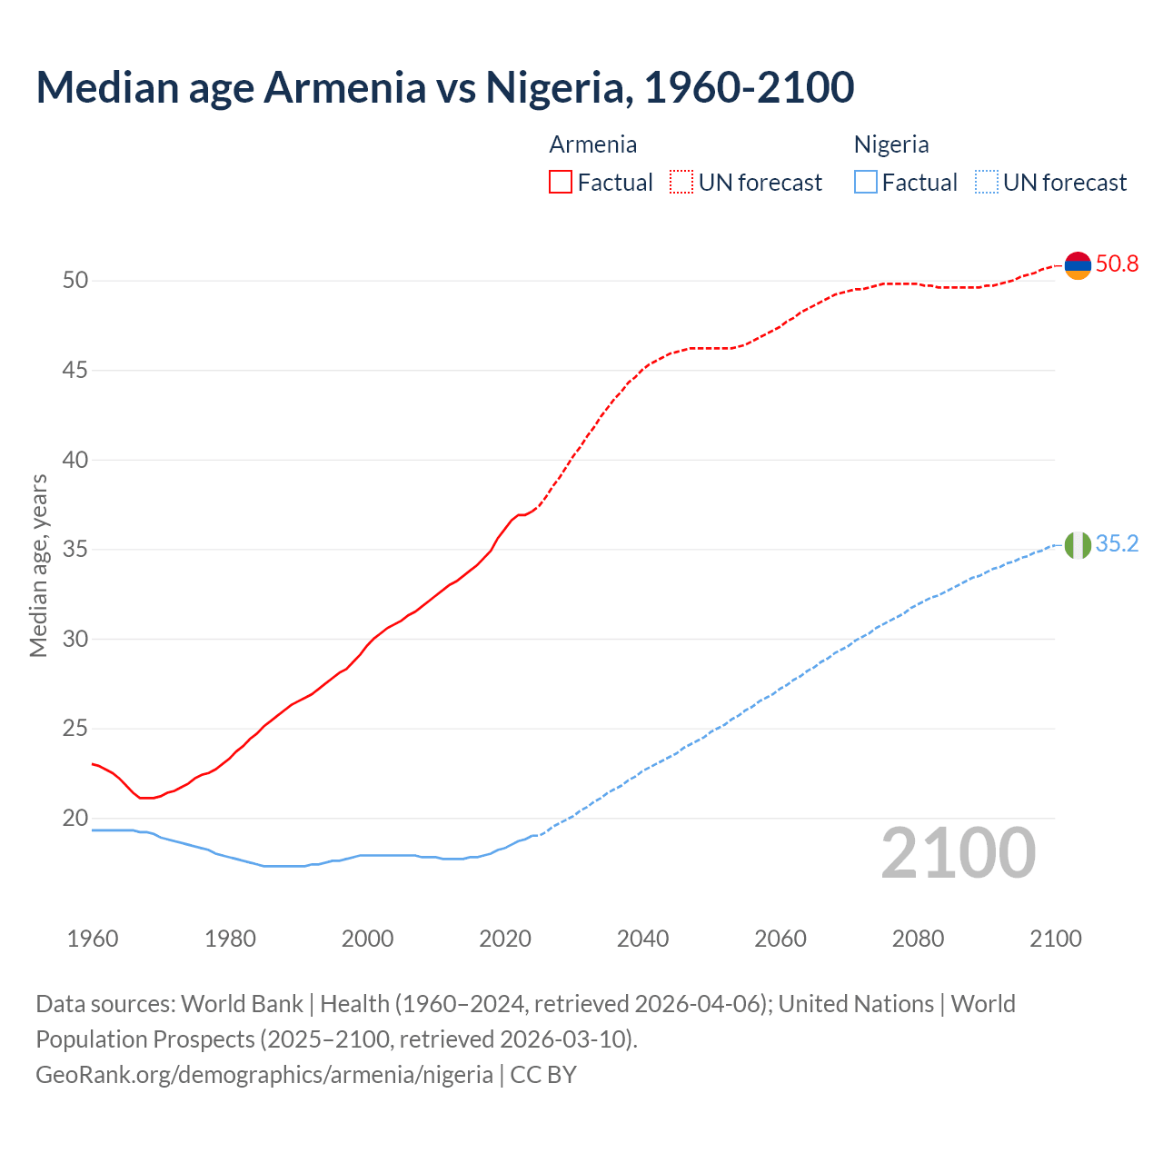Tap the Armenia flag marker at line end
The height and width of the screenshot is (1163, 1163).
click(x=1077, y=265)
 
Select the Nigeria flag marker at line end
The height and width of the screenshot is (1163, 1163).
click(x=1077, y=545)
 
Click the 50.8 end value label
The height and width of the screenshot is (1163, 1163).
click(x=1117, y=264)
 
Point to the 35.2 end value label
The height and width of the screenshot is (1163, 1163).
click(x=1117, y=544)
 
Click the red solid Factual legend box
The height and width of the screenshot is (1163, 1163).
click(x=561, y=183)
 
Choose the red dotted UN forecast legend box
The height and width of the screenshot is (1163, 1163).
click(x=681, y=183)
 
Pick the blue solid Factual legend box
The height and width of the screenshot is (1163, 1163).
click(x=866, y=183)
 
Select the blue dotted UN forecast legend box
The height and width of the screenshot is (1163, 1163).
click(x=987, y=183)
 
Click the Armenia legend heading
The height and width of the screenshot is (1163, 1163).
click(x=592, y=144)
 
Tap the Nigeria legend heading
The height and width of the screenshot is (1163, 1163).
click(x=890, y=144)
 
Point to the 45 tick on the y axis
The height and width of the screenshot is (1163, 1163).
click(x=75, y=371)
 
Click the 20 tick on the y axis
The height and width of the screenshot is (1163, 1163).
click(x=75, y=819)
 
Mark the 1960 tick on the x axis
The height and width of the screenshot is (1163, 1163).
click(x=93, y=939)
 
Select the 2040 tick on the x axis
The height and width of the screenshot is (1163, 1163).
click(x=642, y=939)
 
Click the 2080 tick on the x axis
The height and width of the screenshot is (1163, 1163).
click(x=918, y=939)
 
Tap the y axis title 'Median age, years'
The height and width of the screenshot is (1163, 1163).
click(x=38, y=565)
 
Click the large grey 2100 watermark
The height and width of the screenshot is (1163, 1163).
click(x=958, y=853)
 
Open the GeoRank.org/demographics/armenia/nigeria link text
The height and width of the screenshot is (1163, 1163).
click(x=263, y=1075)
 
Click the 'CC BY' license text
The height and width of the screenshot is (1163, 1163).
click(x=543, y=1075)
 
